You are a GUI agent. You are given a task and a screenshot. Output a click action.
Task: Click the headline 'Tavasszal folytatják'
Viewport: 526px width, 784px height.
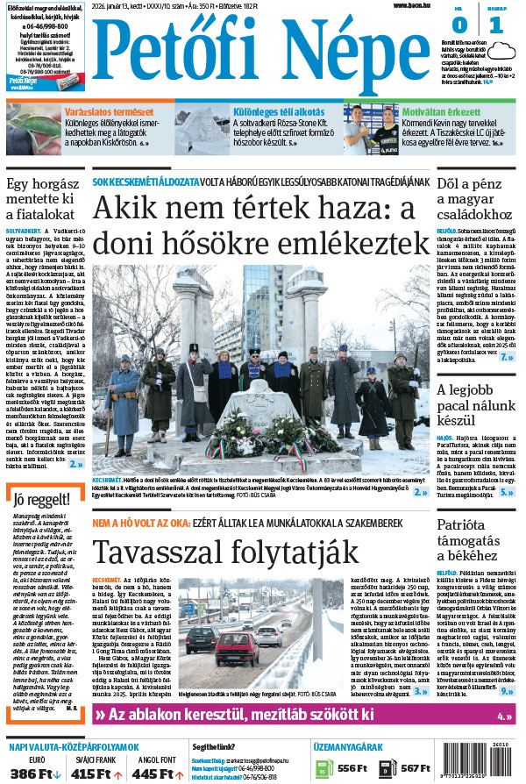225,552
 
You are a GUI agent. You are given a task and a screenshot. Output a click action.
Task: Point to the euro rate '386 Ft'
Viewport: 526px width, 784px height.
32,773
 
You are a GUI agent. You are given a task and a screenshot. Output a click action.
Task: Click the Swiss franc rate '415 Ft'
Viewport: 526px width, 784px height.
96,773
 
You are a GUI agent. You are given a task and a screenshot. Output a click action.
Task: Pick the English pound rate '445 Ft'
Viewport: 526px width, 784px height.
158,773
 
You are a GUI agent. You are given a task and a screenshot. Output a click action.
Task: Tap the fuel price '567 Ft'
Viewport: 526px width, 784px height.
415,768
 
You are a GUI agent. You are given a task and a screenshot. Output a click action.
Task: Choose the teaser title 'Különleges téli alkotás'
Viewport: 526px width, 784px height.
267,112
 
